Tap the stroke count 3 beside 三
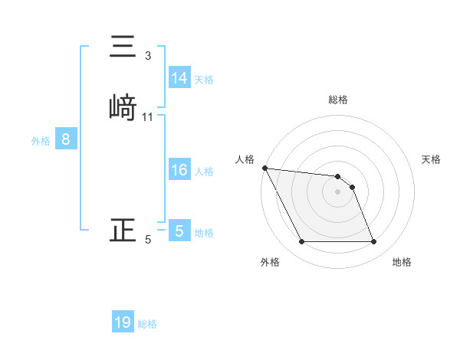148,55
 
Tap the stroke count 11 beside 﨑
148,117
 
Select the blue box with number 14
179,78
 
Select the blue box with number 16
179,170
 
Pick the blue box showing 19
123,322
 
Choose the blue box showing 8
66,139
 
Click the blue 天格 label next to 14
204,79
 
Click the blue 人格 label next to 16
204,171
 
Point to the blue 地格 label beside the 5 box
204,232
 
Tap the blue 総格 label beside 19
147,323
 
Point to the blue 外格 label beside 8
40,140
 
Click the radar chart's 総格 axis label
338,100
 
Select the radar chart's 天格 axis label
431,159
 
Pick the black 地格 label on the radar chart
402,262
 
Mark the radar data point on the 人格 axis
264,168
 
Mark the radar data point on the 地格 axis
374,242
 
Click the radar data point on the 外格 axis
301,242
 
